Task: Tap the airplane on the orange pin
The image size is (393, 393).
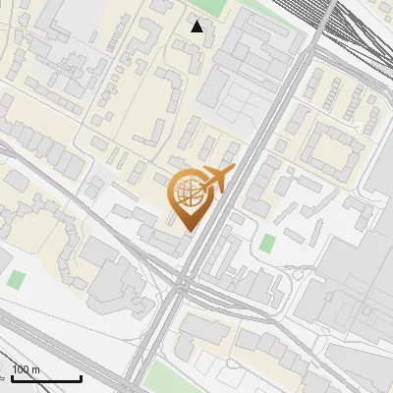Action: coord(215,180)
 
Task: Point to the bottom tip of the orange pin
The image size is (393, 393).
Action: coord(187,231)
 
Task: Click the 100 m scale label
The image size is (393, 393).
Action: coord(26,369)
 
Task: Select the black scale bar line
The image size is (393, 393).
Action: coord(46,378)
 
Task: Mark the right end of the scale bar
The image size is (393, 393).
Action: coord(81,378)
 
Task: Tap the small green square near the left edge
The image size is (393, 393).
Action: coord(15,279)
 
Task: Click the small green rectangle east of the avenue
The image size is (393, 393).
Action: coord(268,242)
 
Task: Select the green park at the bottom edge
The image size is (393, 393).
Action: coord(173,378)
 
